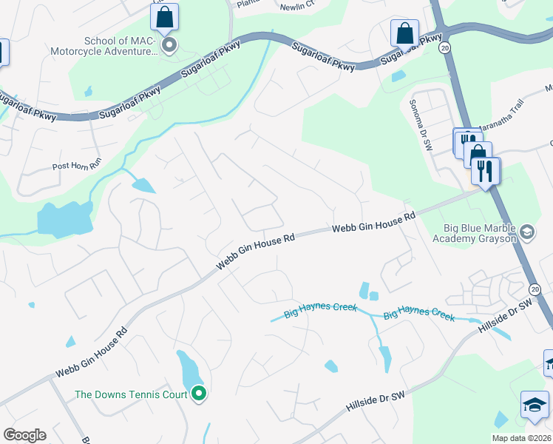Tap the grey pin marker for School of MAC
pos(170,46)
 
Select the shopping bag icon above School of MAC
pos(164,16)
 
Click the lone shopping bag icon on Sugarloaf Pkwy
pos(404,33)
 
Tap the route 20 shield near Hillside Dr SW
pos(535,289)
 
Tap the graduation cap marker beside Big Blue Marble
pos(527,233)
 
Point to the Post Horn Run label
pos(76,167)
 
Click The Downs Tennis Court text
pos(131,394)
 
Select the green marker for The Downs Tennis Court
pos(198,394)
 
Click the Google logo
pos(24,435)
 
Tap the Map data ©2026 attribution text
pos(520,438)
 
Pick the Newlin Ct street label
pos(297,4)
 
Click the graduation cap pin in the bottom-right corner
pos(534,405)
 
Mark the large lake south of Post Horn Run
pos(64,219)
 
